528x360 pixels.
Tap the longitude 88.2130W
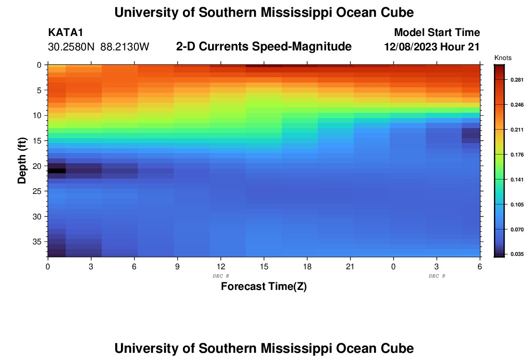[x=125, y=47]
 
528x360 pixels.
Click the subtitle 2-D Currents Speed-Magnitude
[x=264, y=47]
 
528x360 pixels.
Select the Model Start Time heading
[x=437, y=33]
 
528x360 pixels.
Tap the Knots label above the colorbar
[x=503, y=58]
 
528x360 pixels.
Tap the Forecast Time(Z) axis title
[x=264, y=287]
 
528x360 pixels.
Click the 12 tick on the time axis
[x=221, y=266]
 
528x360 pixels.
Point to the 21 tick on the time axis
[x=350, y=266]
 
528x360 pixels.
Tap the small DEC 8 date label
[x=221, y=276]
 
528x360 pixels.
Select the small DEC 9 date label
[x=437, y=276]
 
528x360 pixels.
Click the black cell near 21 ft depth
[x=57, y=170]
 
